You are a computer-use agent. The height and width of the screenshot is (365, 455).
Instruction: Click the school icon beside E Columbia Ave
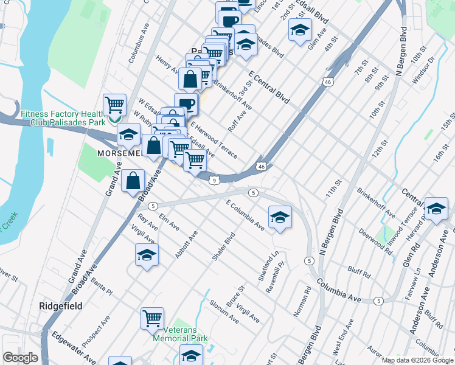[x=280, y=217]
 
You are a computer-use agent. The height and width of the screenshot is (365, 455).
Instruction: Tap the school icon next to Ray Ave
[x=147, y=255]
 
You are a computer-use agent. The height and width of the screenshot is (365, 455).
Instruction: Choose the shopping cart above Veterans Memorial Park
[x=152, y=318]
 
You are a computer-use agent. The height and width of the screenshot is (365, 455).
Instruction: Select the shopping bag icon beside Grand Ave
[x=133, y=181]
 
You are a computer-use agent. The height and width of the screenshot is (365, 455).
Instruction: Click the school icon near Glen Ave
[x=299, y=30]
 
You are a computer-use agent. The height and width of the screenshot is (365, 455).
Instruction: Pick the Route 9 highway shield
[x=215, y=180]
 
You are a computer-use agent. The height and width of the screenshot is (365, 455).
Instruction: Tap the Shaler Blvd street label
[x=223, y=246]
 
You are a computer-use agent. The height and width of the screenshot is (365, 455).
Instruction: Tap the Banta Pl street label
[x=102, y=286]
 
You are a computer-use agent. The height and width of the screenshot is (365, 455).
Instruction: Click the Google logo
[x=20, y=358]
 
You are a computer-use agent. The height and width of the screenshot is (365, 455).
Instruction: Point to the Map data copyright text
[x=418, y=360]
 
